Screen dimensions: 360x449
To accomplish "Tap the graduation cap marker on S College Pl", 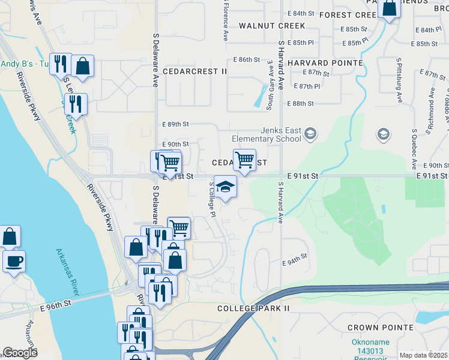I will point(225,187).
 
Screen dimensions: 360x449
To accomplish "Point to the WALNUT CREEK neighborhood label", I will point(271,26).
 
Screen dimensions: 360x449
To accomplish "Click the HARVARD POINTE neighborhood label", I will point(325,63).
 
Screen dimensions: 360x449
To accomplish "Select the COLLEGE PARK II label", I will point(253,308).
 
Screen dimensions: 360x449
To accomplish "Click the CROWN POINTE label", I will point(380,328).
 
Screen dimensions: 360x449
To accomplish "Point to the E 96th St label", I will point(56,303).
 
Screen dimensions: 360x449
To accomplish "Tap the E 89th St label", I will point(176,124).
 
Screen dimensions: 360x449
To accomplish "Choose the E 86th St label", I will point(246,60).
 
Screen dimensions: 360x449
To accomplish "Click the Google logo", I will point(20,353).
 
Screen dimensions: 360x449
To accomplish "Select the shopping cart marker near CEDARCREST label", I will point(244,160).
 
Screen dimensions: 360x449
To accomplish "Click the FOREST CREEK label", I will point(348,14).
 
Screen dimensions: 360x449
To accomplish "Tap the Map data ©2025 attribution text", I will point(424,355).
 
